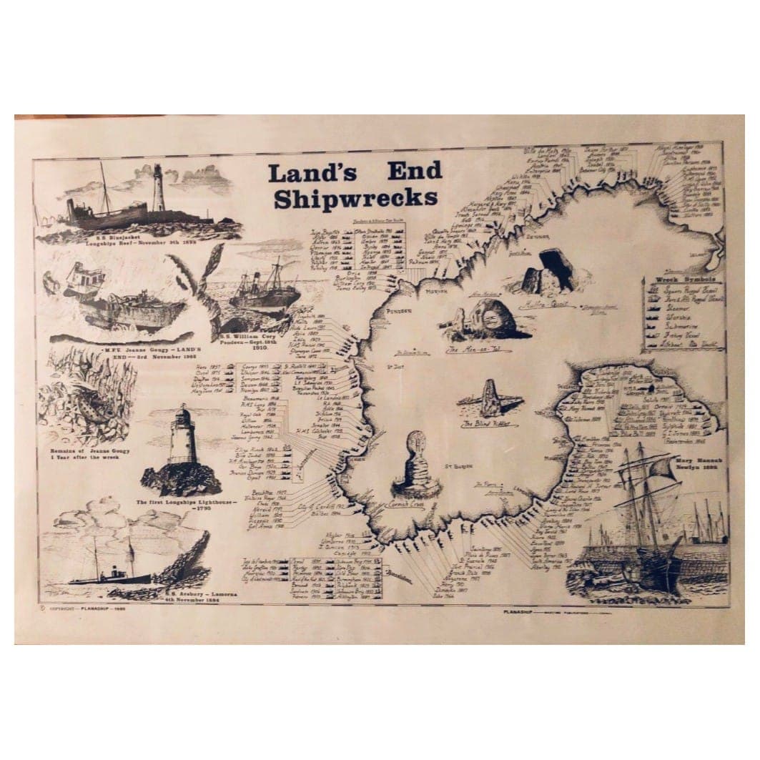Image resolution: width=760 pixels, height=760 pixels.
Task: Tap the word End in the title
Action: (415, 171)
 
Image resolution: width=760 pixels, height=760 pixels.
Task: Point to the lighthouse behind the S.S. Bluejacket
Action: (159, 189)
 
